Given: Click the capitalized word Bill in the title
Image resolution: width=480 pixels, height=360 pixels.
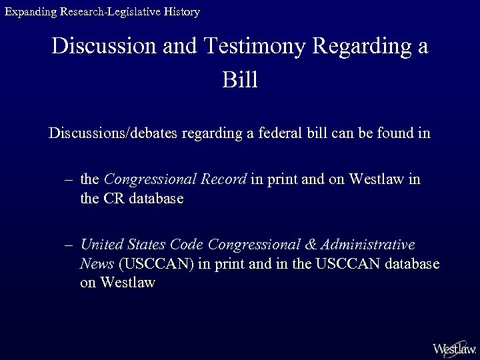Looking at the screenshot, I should pos(239,81).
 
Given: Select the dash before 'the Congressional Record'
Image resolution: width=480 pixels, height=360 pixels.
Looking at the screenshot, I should pos(69,180).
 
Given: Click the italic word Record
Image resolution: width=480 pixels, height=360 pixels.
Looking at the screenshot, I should pos(226,180).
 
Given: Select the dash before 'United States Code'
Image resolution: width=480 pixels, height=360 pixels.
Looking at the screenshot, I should pos(69,245).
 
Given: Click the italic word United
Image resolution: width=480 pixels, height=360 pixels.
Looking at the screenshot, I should pos(101,245).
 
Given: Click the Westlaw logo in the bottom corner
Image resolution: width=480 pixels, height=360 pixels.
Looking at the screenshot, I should pos(454,348).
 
